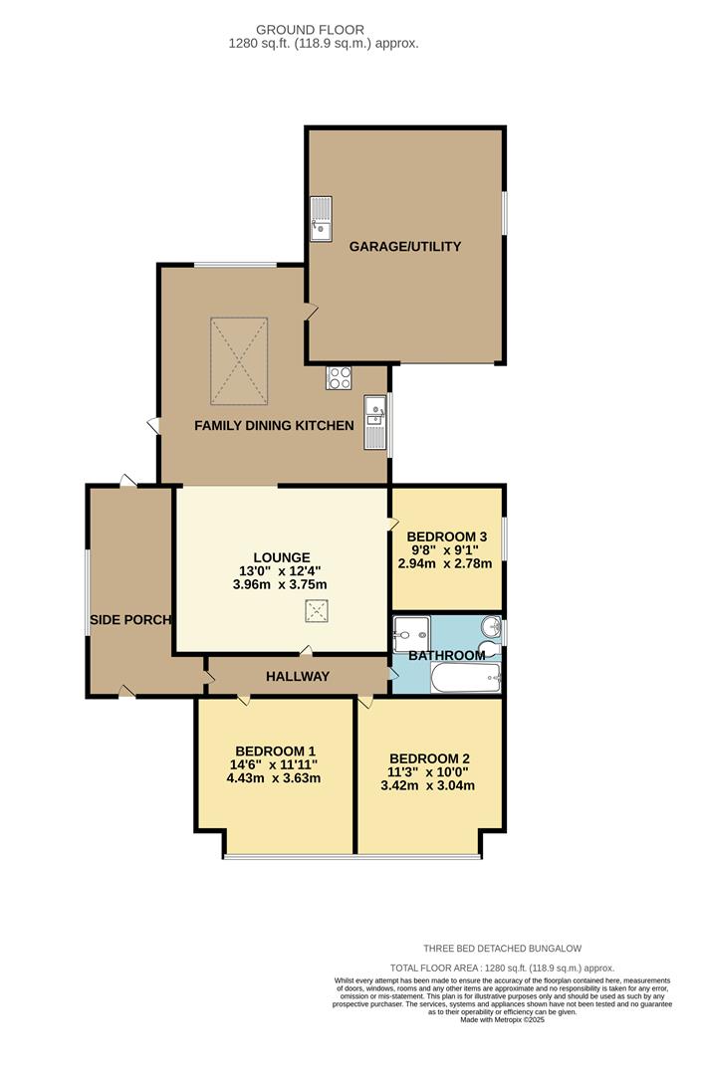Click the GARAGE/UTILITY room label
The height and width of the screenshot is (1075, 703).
coord(404,246)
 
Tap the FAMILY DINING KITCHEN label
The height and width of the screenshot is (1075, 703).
coord(274,426)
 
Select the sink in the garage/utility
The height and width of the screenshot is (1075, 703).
coord(321,219)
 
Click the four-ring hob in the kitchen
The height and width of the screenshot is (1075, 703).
coord(339,378)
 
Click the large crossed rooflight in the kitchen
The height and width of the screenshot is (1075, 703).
coord(239,361)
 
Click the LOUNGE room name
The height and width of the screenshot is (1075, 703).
coord(281,557)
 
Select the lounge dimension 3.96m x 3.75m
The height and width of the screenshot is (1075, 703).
coord(281,585)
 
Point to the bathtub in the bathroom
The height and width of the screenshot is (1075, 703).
coord(464,679)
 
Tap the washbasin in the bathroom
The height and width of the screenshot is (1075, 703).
coord(490,628)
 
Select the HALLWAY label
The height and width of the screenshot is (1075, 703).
coord(297,677)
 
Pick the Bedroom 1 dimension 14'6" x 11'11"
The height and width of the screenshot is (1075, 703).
coord(276,764)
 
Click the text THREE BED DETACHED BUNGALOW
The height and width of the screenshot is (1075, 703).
coord(503,949)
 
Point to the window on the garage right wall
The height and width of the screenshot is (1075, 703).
coord(503,214)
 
